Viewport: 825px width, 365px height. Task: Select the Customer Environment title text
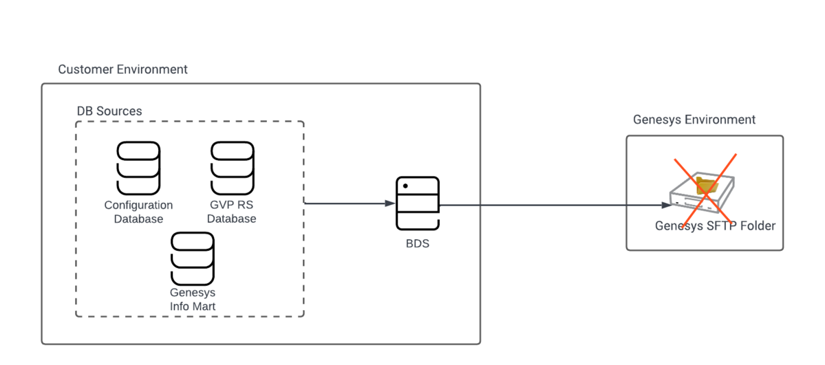pos(122,69)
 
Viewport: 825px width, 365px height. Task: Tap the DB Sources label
pos(109,111)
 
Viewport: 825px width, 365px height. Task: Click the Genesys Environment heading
pos(694,120)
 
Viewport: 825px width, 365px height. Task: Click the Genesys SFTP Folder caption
pos(715,226)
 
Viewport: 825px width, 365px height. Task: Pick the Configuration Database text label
pos(138,212)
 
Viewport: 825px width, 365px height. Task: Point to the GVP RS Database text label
pos(231,212)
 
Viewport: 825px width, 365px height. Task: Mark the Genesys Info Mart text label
pos(193,300)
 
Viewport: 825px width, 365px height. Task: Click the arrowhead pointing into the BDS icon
pos(390,203)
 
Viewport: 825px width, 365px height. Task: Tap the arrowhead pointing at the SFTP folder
pos(665,205)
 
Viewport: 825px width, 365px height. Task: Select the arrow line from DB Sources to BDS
pos(350,203)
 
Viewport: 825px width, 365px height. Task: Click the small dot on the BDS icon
pos(405,186)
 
